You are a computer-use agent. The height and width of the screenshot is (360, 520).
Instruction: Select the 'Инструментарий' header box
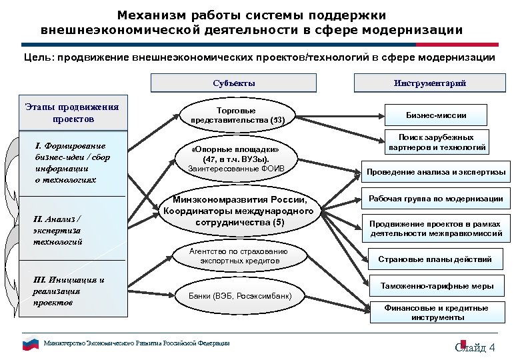(429, 83)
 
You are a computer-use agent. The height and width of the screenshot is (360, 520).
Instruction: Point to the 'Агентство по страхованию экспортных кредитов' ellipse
(239, 256)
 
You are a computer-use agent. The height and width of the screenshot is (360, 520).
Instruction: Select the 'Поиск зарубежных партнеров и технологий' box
(437, 142)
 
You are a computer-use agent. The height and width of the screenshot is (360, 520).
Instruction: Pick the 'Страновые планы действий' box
(435, 259)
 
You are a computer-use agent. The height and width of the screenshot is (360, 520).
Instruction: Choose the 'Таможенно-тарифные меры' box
(437, 286)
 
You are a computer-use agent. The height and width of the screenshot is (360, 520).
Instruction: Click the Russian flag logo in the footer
(31, 344)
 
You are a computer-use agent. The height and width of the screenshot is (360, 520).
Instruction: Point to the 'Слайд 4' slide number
(475, 347)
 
